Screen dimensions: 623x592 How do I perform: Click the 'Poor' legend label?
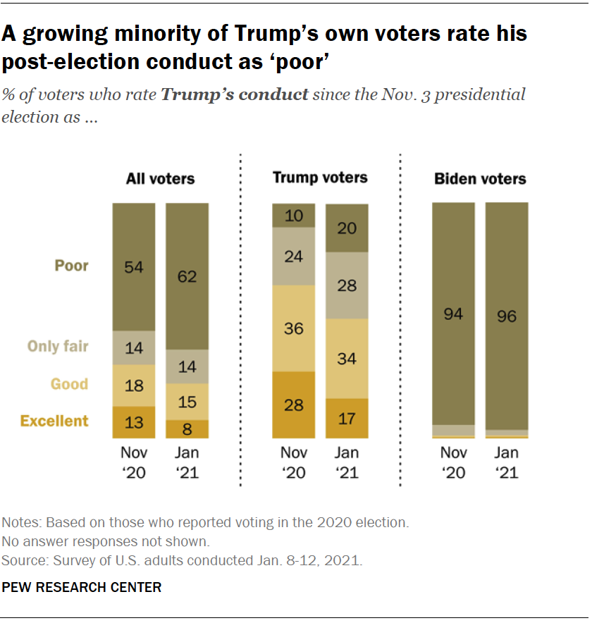[x=72, y=266]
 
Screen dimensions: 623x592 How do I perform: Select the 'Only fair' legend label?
[x=58, y=346]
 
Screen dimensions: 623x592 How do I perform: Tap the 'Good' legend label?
[x=69, y=384]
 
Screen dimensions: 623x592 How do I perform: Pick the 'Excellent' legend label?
[x=54, y=421]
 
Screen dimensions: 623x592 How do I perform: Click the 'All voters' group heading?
[x=160, y=179]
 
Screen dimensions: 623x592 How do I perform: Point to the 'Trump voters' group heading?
[x=320, y=178]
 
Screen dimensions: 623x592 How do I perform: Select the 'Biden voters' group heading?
[x=480, y=179]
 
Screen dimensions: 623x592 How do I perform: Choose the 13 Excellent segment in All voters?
[x=134, y=422]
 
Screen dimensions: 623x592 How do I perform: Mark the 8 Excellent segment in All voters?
[x=187, y=429]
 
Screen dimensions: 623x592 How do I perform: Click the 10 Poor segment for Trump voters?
[x=294, y=216]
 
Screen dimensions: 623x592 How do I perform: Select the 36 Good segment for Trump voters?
[x=294, y=328]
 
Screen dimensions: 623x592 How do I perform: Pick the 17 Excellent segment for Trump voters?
[x=346, y=419]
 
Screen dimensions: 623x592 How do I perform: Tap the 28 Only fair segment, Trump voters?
[x=346, y=285]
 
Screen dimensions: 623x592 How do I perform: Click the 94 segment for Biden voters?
[x=453, y=314]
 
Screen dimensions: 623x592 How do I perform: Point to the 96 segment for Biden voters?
[x=506, y=316]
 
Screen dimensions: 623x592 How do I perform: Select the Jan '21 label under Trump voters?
[x=346, y=462]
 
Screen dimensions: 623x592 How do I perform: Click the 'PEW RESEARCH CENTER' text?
[x=82, y=587]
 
